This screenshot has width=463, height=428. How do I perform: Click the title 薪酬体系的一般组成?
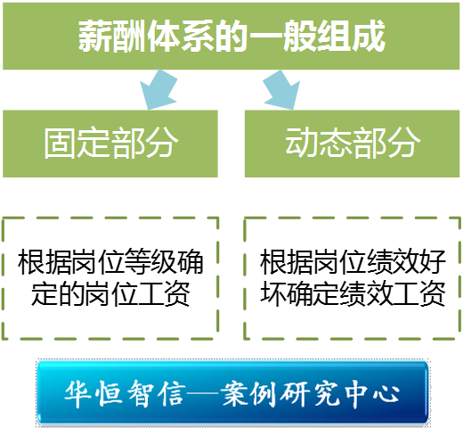[x=231, y=36]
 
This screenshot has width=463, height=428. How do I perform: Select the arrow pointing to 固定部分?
[x=158, y=90]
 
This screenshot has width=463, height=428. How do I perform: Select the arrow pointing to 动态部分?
[x=282, y=90]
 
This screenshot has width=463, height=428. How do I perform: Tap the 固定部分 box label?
[x=111, y=143]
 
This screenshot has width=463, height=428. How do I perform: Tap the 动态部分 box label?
[x=353, y=143]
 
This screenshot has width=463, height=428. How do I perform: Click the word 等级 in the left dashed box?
[x=150, y=262]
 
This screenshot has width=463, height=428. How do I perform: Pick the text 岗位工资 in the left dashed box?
[x=137, y=293]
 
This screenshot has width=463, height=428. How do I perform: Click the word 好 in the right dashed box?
[x=432, y=262]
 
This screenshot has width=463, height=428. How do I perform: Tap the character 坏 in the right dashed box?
[x=273, y=293]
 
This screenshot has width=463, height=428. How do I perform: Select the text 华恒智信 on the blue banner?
[x=125, y=394]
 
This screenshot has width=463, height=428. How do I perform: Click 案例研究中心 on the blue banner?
[x=310, y=394]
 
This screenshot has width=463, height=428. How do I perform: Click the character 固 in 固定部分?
[x=61, y=143]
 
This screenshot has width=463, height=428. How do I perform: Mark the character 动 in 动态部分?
[x=302, y=143]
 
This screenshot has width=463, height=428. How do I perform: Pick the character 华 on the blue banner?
[x=78, y=394]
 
